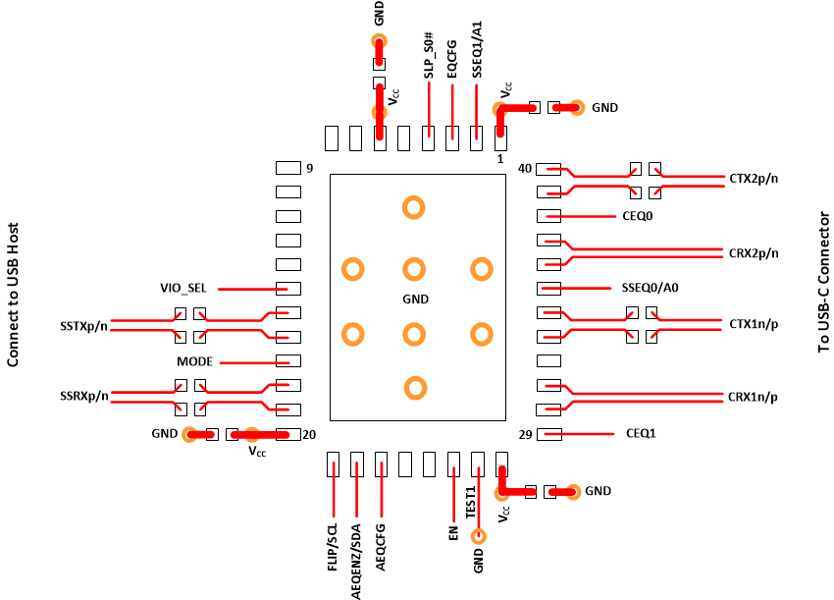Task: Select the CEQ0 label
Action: (638, 215)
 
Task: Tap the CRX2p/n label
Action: (754, 252)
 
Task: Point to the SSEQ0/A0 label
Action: (651, 288)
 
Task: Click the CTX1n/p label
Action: (754, 323)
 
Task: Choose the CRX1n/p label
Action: (754, 397)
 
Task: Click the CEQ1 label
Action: (641, 433)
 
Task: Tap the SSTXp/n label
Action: (83, 325)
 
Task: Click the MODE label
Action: (194, 361)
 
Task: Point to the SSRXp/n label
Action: (83, 397)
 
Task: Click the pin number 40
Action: (525, 169)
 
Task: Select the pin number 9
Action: (309, 169)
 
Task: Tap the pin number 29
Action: (525, 434)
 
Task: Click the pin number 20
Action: (309, 434)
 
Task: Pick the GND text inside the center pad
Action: (416, 299)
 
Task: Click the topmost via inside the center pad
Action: (414, 207)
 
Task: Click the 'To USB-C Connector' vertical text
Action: (822, 281)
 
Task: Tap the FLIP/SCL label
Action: (334, 548)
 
